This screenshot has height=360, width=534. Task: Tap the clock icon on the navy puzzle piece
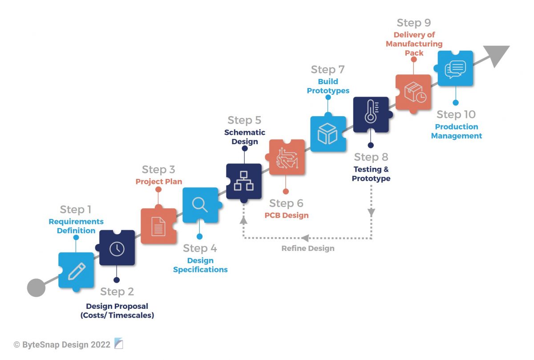point(117,248)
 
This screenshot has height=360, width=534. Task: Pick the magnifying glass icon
point(200,205)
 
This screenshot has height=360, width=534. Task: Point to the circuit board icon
point(287,157)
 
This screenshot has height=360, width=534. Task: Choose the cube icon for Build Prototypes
point(328,134)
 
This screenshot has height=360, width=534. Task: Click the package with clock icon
point(413,92)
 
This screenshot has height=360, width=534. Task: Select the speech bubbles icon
point(455,68)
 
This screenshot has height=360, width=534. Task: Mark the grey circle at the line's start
point(36,287)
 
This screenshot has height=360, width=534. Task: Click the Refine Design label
point(307,248)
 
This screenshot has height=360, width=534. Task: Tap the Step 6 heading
point(286,203)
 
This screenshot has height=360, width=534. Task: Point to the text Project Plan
point(159,182)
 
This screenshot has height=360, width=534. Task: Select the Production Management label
point(457,131)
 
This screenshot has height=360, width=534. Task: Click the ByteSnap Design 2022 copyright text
point(62,344)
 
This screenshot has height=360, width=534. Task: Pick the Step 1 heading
point(76,210)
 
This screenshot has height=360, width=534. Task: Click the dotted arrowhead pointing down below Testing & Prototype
point(371,213)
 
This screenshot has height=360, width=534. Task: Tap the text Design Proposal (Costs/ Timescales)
point(117,311)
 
